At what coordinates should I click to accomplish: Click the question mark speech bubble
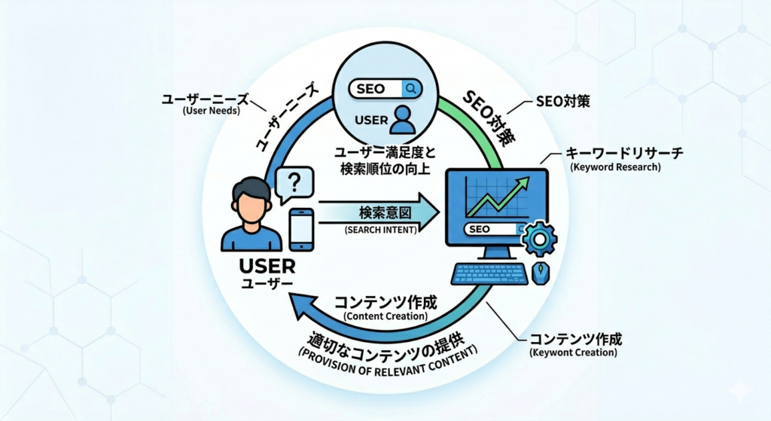(x=294, y=183)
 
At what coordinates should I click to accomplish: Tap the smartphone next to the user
(x=301, y=229)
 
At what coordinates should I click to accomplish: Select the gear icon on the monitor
(x=539, y=239)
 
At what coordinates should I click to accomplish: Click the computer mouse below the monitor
(x=540, y=273)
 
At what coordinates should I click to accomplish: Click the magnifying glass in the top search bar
(x=411, y=89)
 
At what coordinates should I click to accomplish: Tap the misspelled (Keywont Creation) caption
(x=573, y=352)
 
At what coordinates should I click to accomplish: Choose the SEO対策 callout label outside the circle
(x=556, y=100)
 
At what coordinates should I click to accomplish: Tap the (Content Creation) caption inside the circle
(x=385, y=316)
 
